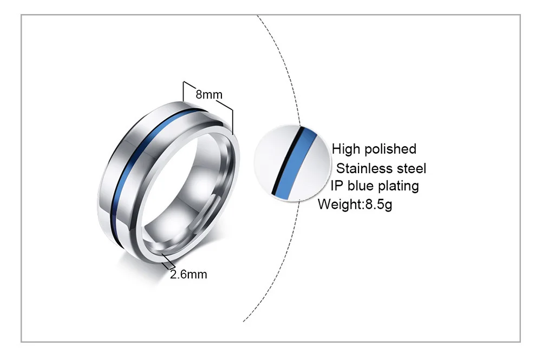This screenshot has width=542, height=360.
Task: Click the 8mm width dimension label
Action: tap(208, 95)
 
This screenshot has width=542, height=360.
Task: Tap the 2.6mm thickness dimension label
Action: tap(188, 274)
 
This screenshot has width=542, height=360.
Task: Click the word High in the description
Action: tap(345, 149)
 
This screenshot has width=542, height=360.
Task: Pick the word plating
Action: tap(400, 186)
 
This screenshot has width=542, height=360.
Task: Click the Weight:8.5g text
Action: tap(355, 205)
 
